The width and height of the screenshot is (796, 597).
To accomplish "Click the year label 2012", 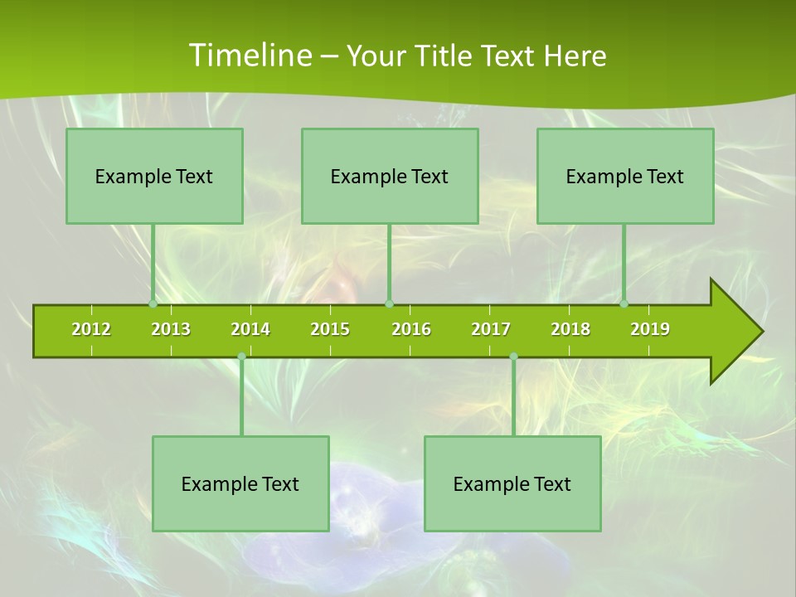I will point(91,329).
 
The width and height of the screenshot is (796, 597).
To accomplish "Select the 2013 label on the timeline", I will point(171,329).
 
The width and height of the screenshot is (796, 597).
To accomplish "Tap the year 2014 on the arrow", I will point(250,329).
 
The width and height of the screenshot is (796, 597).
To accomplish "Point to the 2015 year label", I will point(330,329).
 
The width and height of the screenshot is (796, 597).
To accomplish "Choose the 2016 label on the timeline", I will point(411,329).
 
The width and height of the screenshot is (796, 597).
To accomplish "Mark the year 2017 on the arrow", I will point(491,329).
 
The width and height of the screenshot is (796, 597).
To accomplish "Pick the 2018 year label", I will point(570,329).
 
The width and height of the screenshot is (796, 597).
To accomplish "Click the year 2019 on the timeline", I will point(650,329).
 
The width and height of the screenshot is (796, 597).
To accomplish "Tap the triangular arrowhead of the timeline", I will point(735,332).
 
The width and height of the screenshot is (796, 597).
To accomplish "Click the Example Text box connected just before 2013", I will point(154,176).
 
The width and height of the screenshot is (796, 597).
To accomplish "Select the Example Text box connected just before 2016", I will point(390,176).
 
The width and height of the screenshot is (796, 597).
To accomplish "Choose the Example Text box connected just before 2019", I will point(625,176).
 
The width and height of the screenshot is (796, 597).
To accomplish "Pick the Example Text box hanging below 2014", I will point(240,483).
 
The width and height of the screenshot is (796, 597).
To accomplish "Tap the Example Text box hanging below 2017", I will point(512,483).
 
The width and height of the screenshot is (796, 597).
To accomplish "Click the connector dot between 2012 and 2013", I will point(153,304).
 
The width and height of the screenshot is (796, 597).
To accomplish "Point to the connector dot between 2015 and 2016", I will point(389,304).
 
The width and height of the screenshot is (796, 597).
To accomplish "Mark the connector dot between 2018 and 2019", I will point(624,304).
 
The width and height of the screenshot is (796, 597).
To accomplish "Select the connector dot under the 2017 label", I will point(513,357).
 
